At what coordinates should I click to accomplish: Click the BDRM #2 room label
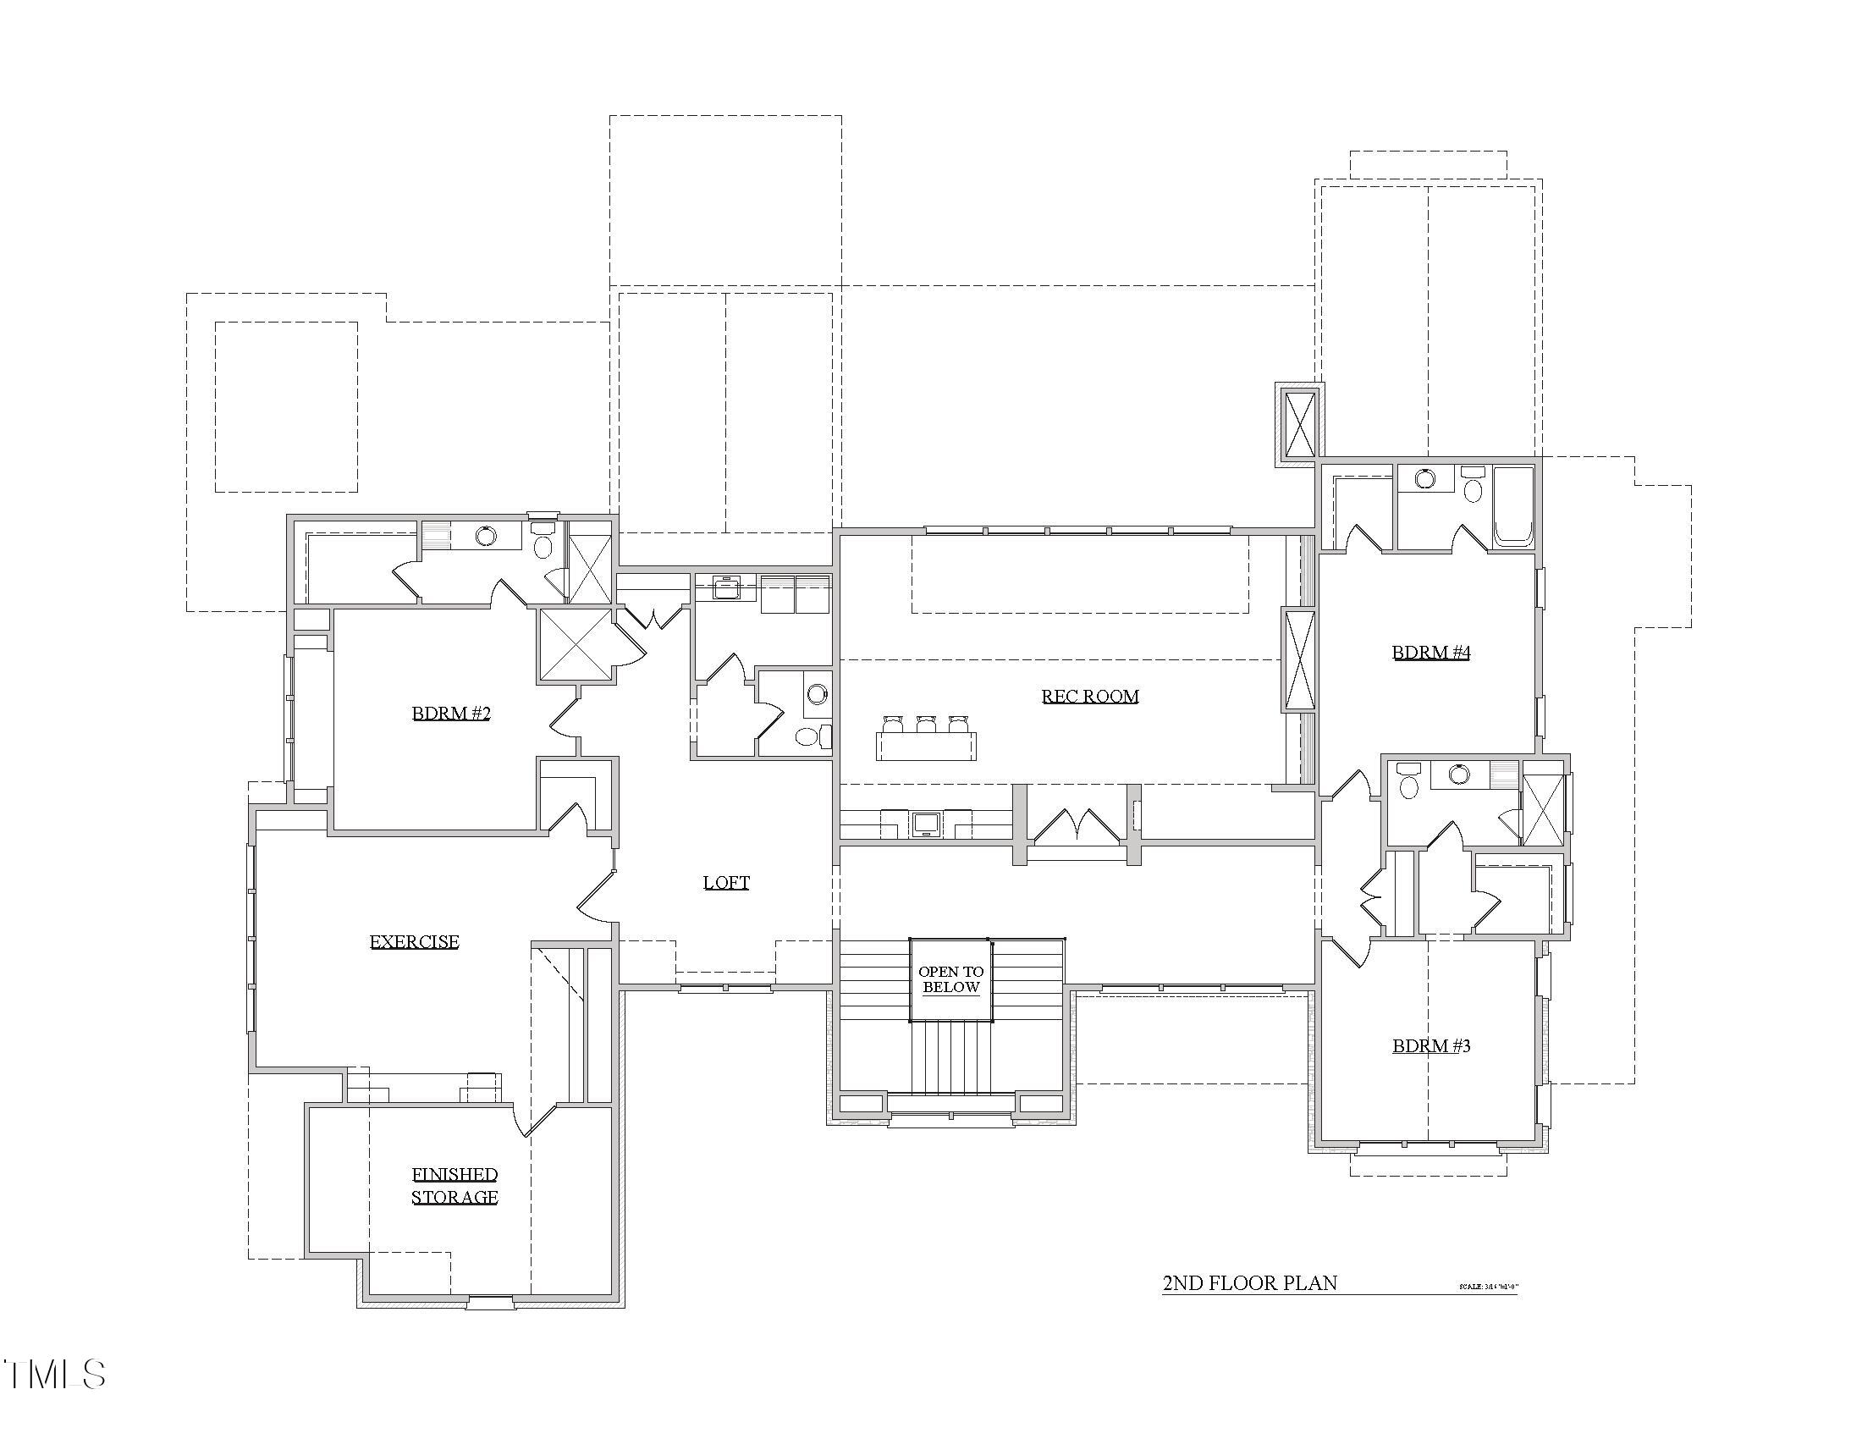tap(451, 714)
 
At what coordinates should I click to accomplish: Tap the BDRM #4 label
tap(1430, 653)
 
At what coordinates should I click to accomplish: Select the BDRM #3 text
tap(1430, 1046)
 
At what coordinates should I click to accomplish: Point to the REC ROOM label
tap(1089, 697)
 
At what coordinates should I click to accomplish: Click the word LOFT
tap(726, 883)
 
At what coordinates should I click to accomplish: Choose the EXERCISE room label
tap(415, 942)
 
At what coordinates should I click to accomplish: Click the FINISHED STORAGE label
tap(454, 1186)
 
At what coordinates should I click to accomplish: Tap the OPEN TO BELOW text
tap(950, 979)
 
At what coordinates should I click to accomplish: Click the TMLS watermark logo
tap(55, 1374)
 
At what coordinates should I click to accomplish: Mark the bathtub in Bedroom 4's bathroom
tap(1514, 505)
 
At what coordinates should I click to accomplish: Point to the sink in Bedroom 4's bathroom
tap(1424, 478)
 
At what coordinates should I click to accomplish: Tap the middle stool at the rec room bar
tap(926, 725)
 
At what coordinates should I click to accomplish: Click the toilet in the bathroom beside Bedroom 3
tap(1408, 785)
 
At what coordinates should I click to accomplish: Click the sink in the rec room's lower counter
tap(926, 824)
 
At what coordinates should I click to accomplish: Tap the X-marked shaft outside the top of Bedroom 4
tap(1300, 424)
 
